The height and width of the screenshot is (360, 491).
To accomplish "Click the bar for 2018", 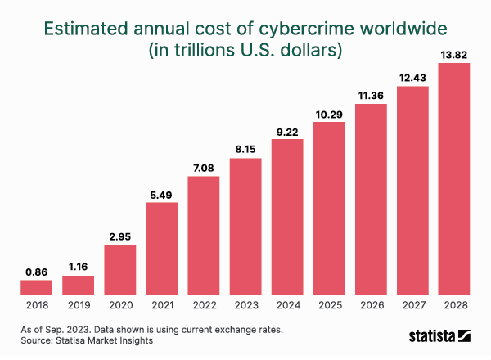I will click(36, 287).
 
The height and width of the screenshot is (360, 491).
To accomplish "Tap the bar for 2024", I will click(287, 217).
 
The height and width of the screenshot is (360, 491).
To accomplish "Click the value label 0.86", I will click(36, 272).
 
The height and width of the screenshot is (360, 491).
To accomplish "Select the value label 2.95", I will click(119, 237).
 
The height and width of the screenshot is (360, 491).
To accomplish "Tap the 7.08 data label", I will click(203, 168).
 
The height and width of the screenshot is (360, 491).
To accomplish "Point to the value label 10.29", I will click(329, 114).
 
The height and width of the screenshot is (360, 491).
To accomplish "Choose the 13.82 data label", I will click(454, 55).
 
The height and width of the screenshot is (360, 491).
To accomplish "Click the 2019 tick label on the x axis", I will click(78, 306).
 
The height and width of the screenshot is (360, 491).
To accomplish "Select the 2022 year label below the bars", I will click(203, 306).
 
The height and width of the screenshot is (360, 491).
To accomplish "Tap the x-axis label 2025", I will click(329, 306).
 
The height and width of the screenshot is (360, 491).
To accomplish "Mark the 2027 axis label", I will click(412, 306).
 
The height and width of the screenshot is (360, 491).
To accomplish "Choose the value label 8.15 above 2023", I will click(245, 150).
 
